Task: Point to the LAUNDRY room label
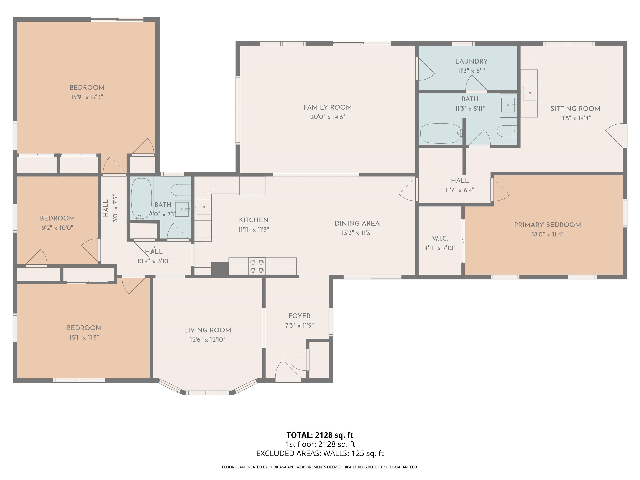coord(471,61)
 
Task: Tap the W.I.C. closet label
coord(440,238)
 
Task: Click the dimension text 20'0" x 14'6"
coord(327,117)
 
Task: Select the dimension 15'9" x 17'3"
coord(87,97)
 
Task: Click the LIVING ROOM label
coord(207,330)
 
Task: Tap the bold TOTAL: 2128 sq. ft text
coord(320,435)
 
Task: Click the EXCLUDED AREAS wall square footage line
coord(320,453)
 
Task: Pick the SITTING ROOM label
coord(575,109)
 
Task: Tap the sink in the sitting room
coord(529,93)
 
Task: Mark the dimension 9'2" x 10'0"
coord(57,228)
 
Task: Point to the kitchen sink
coord(203,207)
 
